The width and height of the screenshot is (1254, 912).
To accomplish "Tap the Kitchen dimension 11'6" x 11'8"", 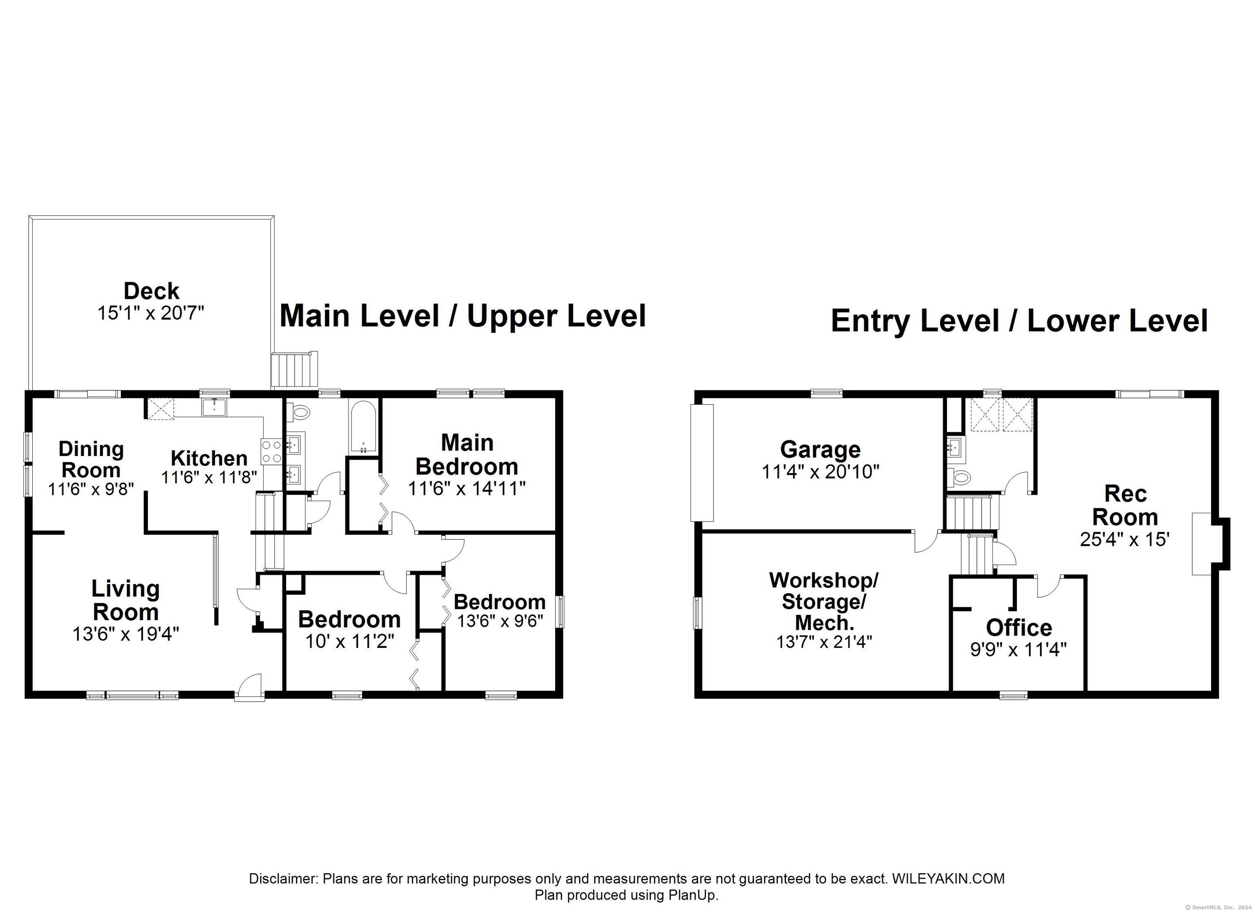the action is click(209, 477).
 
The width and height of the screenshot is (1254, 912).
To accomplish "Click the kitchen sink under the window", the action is click(216, 407).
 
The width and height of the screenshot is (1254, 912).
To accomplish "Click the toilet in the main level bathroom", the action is click(299, 412).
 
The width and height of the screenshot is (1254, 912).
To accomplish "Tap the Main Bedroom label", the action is click(467, 455).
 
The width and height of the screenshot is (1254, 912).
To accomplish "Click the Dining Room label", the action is click(91, 459).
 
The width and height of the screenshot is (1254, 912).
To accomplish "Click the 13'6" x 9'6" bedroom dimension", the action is click(500, 621).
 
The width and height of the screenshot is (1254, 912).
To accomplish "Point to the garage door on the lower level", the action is click(702, 463).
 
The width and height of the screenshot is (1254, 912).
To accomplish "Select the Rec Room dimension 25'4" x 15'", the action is click(1125, 539).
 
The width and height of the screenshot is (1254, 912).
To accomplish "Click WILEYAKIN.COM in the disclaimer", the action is click(948, 878).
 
